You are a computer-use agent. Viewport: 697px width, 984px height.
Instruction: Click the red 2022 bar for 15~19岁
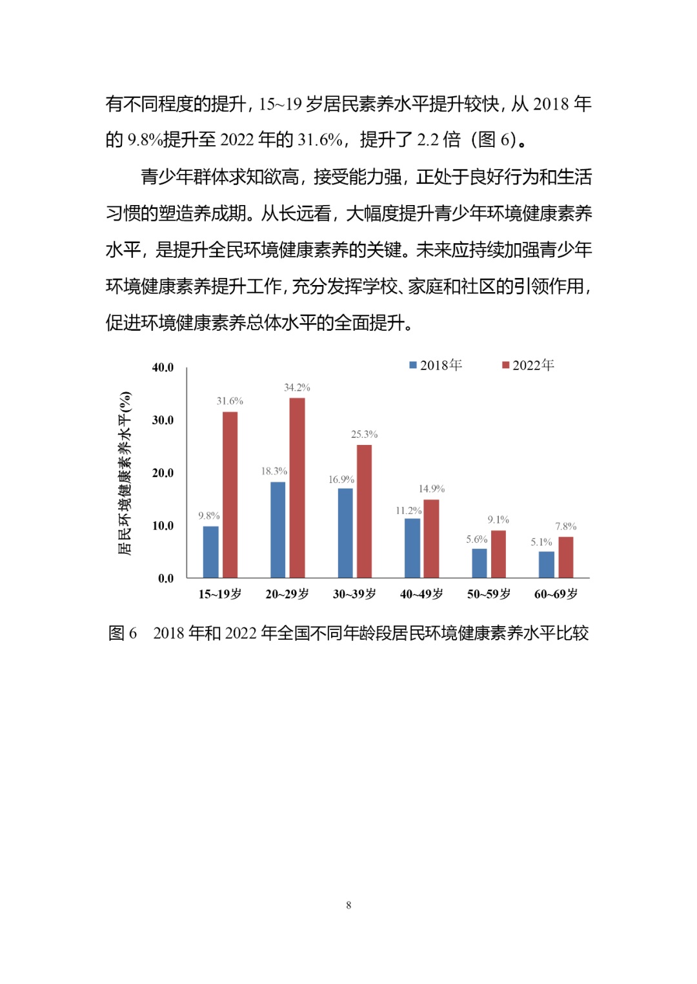click(x=230, y=495)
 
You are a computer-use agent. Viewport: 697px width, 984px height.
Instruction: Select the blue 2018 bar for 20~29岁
click(x=278, y=529)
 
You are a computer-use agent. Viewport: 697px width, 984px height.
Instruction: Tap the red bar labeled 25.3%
click(x=365, y=511)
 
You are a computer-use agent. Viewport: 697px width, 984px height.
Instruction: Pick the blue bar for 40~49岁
click(x=412, y=548)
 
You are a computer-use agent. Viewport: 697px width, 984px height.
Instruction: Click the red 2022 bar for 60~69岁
click(x=566, y=557)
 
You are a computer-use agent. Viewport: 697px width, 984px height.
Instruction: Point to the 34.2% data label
click(x=297, y=388)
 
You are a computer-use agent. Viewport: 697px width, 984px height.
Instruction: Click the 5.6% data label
click(x=477, y=540)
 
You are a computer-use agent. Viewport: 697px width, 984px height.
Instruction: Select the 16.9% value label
click(x=341, y=480)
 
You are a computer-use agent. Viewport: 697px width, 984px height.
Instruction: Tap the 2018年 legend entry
click(x=436, y=366)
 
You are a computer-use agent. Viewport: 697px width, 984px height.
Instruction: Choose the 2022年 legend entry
click(x=529, y=366)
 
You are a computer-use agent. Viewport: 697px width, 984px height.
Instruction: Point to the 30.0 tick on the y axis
click(x=163, y=420)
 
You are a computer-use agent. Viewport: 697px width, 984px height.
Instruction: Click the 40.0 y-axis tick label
click(x=163, y=368)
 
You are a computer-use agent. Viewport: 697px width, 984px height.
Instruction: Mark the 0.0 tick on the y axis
click(x=166, y=578)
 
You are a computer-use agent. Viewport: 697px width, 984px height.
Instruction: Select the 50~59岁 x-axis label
click(x=489, y=594)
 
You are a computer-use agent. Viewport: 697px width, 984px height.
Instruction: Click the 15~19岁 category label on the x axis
click(x=220, y=594)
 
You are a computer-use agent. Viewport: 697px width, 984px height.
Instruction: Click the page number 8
click(x=348, y=905)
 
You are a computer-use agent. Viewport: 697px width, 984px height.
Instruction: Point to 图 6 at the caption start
click(x=123, y=633)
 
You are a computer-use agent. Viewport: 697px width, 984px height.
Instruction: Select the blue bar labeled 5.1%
click(x=547, y=564)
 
